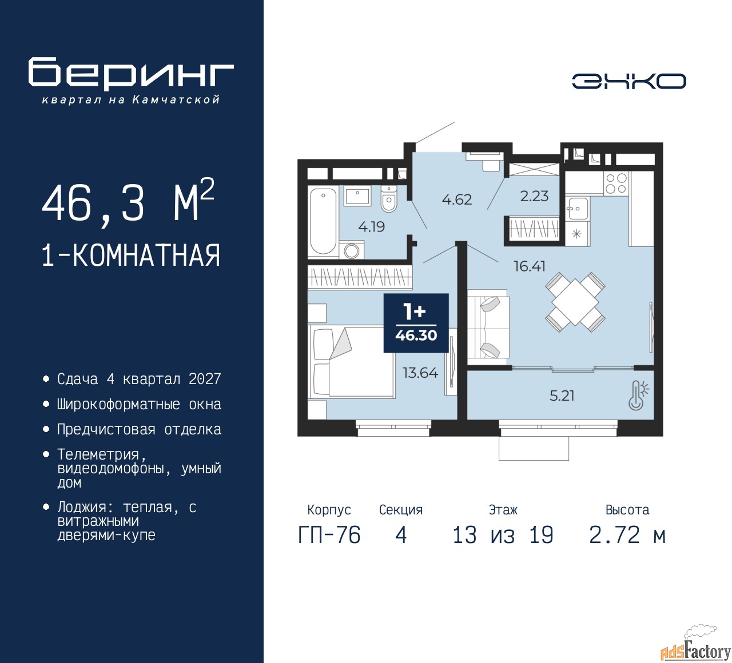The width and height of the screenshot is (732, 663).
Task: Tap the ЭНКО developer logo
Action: click(628, 81)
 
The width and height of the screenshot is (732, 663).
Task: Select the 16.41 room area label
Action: click(530, 266)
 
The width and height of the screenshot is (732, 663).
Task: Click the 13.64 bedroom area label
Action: click(420, 373)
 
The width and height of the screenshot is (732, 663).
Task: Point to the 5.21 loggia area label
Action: click(562, 396)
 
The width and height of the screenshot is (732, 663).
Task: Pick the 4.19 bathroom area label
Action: click(372, 227)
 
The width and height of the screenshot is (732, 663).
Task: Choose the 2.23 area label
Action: click(534, 196)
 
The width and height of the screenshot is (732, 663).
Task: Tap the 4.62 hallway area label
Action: click(457, 199)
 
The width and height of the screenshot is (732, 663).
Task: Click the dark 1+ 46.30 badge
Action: click(416, 323)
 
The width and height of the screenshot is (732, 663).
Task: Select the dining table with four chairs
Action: click(575, 302)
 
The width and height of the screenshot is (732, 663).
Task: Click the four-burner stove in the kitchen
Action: click(616, 183)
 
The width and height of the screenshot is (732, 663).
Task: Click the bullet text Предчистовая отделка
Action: click(139, 430)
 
